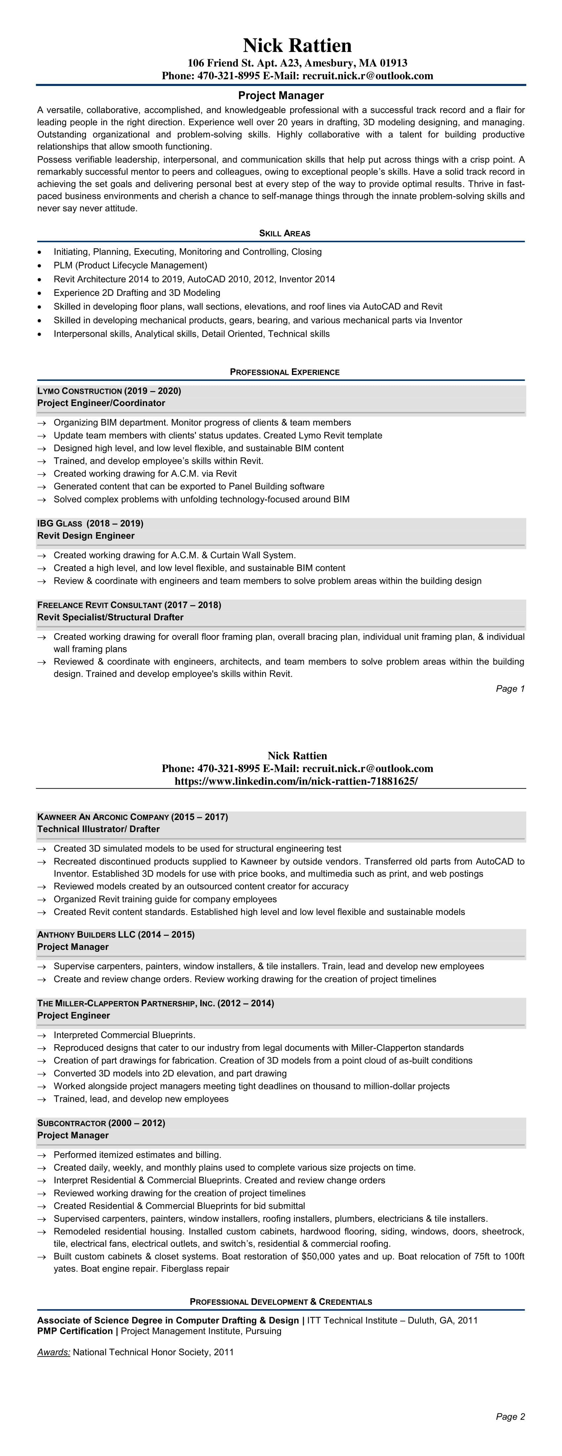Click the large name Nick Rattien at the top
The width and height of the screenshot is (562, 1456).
pos(297,46)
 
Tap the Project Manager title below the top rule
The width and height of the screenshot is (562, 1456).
pos(281,96)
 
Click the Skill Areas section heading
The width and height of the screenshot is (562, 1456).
pos(285,233)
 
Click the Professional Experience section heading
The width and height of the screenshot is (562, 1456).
pos(285,372)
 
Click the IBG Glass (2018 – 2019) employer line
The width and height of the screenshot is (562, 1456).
pos(90,523)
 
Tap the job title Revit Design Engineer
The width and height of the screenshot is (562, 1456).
pos(86,536)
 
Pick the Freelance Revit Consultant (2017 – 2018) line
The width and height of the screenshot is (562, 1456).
pos(129,605)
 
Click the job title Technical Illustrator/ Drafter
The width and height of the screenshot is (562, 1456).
pos(98,830)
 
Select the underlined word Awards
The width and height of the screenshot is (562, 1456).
pos(54,1352)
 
